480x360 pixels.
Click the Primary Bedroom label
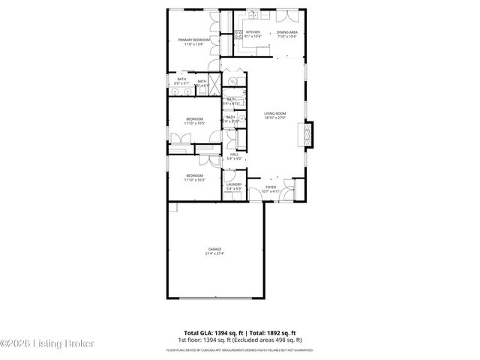tap(193, 40)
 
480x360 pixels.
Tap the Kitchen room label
tap(252, 32)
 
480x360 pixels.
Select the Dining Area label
tap(287, 32)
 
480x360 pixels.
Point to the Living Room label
tap(275, 113)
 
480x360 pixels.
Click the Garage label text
tap(214, 249)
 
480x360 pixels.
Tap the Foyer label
tap(271, 187)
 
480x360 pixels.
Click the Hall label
tap(233, 154)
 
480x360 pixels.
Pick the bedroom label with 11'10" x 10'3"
tap(194, 175)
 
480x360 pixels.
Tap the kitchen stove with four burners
tap(239, 33)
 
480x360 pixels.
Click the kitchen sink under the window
tap(255, 14)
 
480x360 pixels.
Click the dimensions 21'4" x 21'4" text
tap(214, 253)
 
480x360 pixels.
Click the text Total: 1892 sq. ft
tap(273, 331)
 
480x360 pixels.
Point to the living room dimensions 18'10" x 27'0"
tap(275, 118)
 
